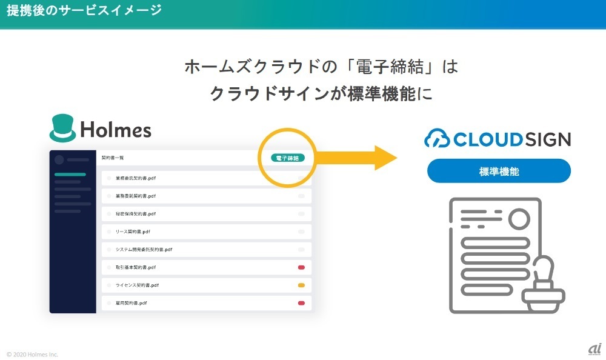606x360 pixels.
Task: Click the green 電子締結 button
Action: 288,158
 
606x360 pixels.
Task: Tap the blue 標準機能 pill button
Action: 499,171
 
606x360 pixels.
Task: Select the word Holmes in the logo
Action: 116,129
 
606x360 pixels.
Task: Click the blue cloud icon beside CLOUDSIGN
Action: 437,139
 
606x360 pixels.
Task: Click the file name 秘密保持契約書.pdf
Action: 136,214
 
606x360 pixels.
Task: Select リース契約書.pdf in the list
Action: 133,232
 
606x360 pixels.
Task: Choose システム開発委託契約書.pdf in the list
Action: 144,249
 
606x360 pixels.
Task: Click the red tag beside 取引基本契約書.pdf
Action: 301,267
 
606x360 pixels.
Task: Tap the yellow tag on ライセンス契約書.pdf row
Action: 301,285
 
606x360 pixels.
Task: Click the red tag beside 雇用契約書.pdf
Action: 301,302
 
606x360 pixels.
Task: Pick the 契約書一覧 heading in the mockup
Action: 112,158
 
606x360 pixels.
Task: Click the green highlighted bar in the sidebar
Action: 70,175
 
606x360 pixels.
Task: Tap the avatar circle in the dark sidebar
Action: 59,160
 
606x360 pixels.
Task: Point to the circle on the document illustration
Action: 519,219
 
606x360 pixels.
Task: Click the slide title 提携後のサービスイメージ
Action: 84,10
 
